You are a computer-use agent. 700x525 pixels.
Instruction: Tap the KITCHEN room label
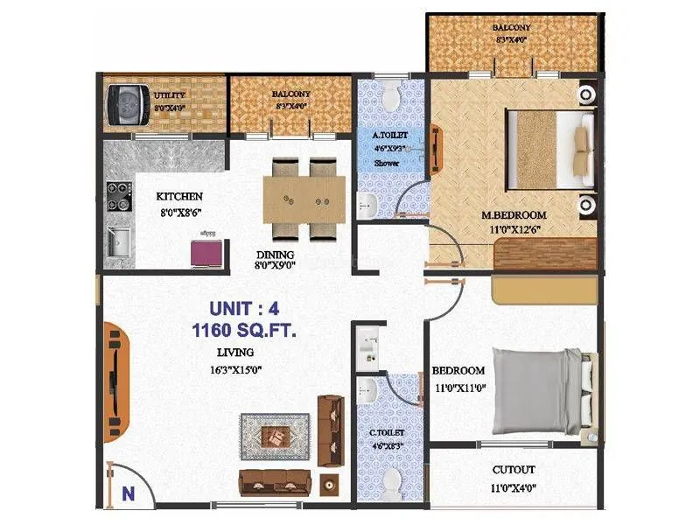coord(179,197)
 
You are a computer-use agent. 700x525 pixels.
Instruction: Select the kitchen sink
coord(117,241)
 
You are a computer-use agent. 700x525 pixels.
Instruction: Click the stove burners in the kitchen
coord(115,195)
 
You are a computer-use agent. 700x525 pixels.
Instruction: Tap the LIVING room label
coord(235,353)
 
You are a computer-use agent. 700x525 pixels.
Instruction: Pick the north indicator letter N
coord(128,493)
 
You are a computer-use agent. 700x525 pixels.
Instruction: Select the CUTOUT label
coord(514,470)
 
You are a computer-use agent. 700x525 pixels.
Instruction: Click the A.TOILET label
coord(388,136)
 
